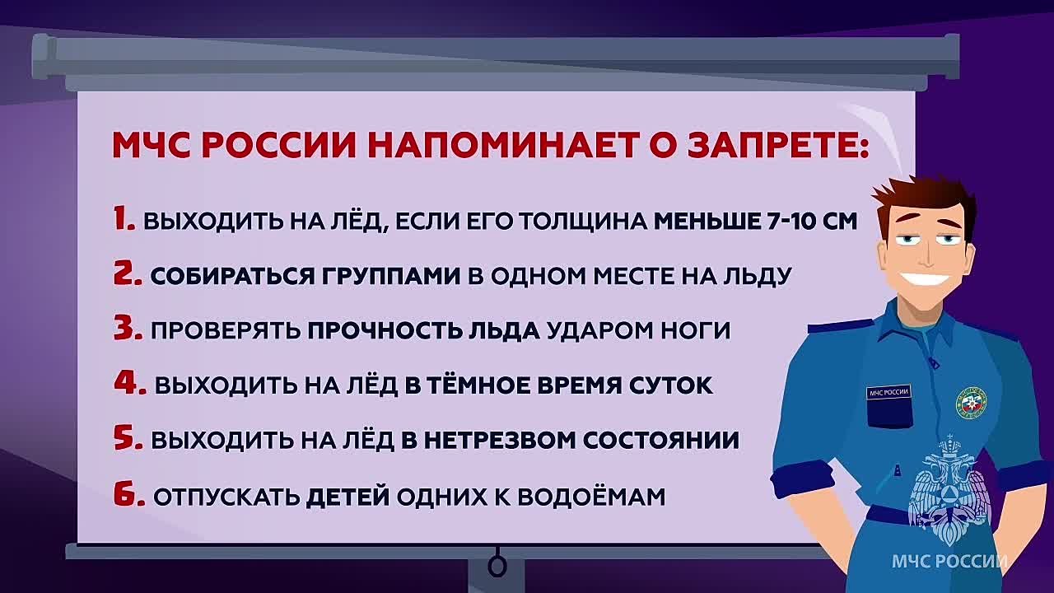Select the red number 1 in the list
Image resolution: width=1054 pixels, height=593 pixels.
(x=124, y=220)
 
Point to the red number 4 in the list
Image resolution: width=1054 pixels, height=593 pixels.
(x=129, y=383)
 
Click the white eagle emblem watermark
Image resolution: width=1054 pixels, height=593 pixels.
(x=946, y=490)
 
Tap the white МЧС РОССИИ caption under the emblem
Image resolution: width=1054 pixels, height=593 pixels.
(x=949, y=563)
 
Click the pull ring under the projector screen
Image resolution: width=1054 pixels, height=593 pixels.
(x=497, y=567)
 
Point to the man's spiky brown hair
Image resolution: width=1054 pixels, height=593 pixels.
(x=914, y=194)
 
